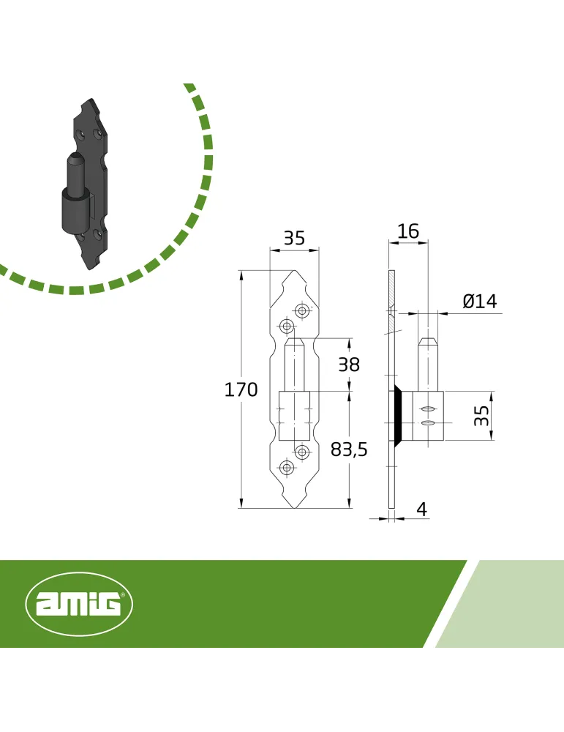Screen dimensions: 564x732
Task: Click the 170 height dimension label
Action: (x=241, y=389)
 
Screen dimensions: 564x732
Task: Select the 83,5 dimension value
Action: (x=349, y=449)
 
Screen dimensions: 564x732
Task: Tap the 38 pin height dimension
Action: (x=349, y=364)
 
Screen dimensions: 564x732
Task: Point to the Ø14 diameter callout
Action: (x=480, y=301)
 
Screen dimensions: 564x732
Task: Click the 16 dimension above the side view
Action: (x=408, y=231)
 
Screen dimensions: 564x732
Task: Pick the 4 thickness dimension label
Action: (x=421, y=509)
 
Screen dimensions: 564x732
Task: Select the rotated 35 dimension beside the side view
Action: (x=482, y=416)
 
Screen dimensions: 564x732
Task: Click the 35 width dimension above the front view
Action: (x=294, y=238)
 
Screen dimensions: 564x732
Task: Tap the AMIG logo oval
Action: (x=79, y=604)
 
